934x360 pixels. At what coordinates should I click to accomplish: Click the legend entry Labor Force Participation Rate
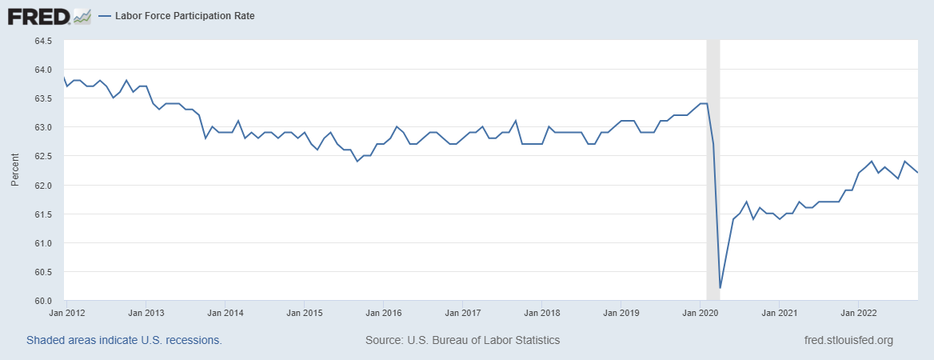click(183, 16)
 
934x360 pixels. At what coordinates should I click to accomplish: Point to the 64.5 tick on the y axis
click(42, 41)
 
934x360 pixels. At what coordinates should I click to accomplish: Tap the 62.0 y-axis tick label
click(42, 186)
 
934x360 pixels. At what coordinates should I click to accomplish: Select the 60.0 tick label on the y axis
click(42, 301)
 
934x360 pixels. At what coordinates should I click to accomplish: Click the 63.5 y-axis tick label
click(42, 98)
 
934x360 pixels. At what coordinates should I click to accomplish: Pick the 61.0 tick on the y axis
click(42, 243)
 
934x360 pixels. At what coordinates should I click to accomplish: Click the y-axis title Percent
click(14, 171)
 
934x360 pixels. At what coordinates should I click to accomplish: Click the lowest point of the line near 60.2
click(720, 288)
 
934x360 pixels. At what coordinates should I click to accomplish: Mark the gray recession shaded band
click(713, 160)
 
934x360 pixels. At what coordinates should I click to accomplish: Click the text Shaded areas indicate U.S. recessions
click(124, 340)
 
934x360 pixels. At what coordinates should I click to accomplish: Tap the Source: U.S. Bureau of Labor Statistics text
click(462, 340)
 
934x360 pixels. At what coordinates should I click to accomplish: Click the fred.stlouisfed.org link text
click(848, 340)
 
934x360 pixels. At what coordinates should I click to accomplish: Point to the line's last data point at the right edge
click(917, 173)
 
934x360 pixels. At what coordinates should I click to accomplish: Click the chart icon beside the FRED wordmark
click(82, 16)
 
